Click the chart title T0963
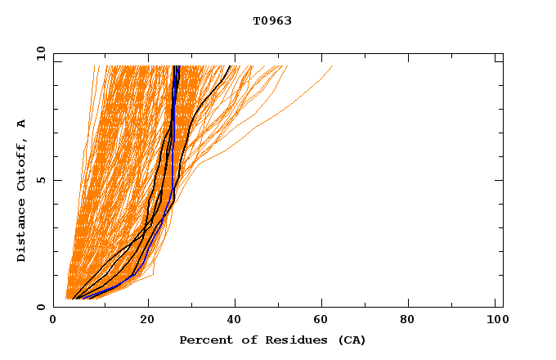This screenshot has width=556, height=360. (272, 21)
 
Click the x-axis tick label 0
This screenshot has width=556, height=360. (53, 321)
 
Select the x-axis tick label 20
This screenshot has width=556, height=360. (148, 321)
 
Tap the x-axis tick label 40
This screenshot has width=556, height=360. (236, 321)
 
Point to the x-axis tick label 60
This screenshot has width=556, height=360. (325, 321)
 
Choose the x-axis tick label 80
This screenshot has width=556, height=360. (413, 321)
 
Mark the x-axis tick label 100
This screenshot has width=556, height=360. (495, 321)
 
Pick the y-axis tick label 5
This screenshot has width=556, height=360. (40, 180)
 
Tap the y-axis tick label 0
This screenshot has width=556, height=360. (40, 307)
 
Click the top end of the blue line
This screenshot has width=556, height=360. (177, 66)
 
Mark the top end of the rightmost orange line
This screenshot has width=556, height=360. (333, 66)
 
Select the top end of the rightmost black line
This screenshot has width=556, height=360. (231, 66)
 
